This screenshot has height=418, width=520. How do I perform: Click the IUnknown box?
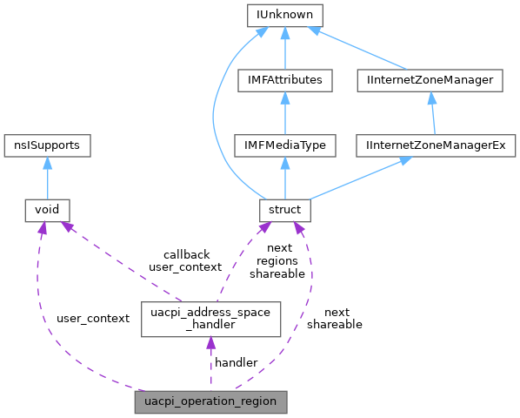click(284, 15)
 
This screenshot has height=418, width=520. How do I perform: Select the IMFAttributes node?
click(284, 80)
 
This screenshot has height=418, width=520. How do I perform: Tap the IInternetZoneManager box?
click(430, 80)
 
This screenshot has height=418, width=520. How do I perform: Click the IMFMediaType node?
click(284, 145)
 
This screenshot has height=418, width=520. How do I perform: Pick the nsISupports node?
click(47, 145)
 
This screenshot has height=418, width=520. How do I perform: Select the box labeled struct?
click(284, 210)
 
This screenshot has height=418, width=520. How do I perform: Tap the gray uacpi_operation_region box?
click(210, 402)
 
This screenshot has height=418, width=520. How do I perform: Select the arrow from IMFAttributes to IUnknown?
click(284, 48)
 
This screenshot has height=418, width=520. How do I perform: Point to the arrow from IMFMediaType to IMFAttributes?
click(284, 113)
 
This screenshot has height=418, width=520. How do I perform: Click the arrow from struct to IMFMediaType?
click(284, 178)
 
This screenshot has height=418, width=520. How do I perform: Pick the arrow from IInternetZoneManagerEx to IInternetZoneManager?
click(433, 113)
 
